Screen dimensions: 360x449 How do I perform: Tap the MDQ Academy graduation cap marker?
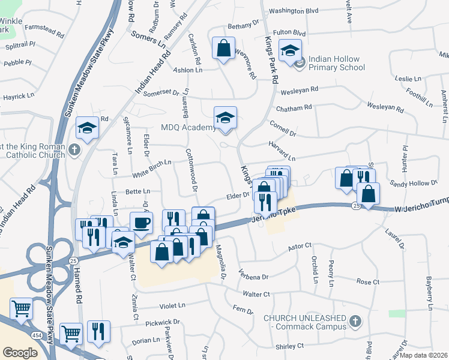[225, 117]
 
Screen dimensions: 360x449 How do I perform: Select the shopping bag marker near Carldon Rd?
[223, 48]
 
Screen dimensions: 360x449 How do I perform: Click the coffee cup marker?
[141, 223]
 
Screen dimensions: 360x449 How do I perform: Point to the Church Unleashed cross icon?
[355, 322]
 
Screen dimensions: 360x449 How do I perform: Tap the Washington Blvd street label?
[293, 11]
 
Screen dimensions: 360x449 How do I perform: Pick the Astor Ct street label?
[300, 247]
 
